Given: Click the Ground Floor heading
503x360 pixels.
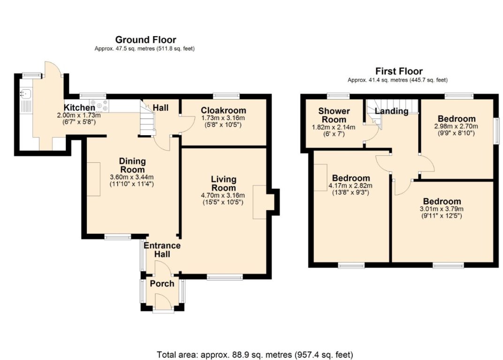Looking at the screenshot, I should (145, 40).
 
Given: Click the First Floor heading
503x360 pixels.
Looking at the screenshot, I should (398, 71).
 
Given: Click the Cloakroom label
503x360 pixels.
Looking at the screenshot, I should (223, 110).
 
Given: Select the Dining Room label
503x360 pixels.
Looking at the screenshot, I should (132, 165).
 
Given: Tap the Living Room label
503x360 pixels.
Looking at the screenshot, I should (223, 184).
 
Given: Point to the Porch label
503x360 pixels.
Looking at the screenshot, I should (162, 283).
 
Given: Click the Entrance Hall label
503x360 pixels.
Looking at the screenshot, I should (162, 250).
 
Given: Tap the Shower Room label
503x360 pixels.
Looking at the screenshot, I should (334, 115).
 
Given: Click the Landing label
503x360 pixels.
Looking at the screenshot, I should (391, 111).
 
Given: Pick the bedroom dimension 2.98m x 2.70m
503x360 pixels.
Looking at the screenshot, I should (457, 126).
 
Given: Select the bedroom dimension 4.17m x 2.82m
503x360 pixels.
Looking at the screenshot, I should (351, 186).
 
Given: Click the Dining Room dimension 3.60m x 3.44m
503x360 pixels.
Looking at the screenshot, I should (132, 177).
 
